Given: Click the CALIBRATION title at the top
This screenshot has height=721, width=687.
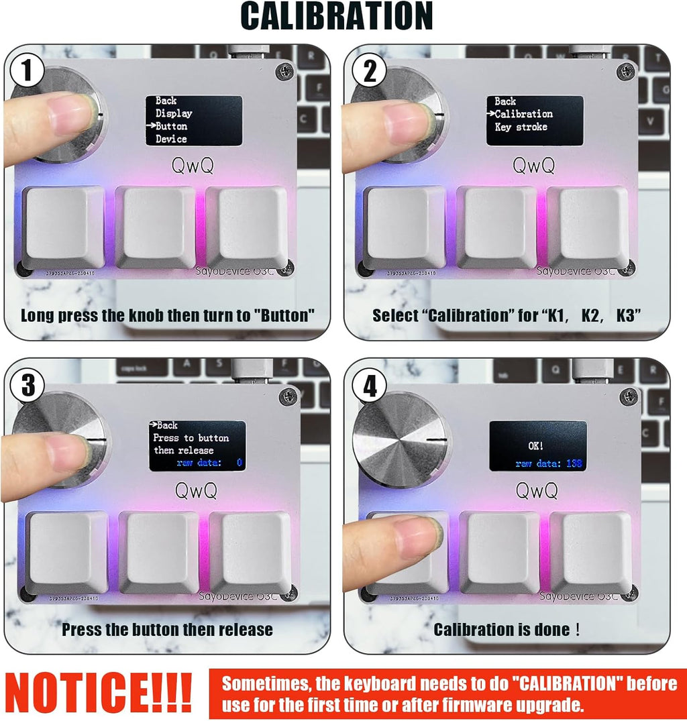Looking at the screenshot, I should pos(336,16).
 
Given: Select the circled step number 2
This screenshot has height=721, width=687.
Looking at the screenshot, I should pos(370,71).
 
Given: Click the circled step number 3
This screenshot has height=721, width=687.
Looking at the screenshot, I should pos(25,385).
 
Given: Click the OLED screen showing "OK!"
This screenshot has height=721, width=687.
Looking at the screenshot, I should pos(538,446).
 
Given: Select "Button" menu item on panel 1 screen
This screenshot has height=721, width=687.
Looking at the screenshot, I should pos(171,126).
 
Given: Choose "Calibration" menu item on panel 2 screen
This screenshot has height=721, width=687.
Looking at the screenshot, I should pos(523,114).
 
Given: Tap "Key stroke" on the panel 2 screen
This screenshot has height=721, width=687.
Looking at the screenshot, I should pos(521,127).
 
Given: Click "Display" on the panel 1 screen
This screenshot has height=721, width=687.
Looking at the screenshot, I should pos(174,113).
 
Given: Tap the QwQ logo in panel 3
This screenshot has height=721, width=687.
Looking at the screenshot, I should pos(196,491).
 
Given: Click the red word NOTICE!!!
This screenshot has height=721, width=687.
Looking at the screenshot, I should pos(99,693).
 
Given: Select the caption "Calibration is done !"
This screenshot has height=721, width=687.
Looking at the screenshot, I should pos(507,630).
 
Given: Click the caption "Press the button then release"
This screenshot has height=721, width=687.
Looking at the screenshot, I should pos(167,630).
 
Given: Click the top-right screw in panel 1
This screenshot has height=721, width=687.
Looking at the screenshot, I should pos(284,70).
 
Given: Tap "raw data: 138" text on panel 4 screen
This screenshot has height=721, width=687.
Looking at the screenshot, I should pos(549,463).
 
